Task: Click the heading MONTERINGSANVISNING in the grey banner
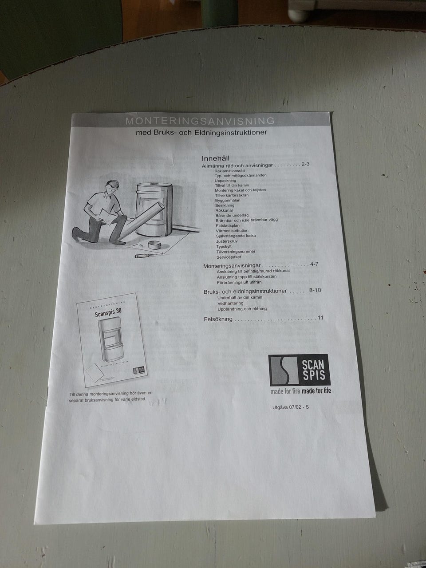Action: click(x=200, y=121)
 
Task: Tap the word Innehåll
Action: click(x=215, y=158)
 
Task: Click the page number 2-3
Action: click(x=305, y=164)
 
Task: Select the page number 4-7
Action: click(x=314, y=264)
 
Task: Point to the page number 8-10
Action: click(x=315, y=290)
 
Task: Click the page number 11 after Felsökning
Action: click(x=320, y=318)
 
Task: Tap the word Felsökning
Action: click(x=218, y=319)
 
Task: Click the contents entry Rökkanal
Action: click(x=224, y=210)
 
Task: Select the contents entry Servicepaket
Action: click(x=229, y=257)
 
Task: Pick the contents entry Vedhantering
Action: click(x=230, y=303)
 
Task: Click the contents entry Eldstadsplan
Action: click(x=227, y=225)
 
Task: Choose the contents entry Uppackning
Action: click(x=225, y=181)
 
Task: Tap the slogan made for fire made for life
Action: click(x=300, y=391)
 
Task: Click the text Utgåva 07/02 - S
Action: click(x=290, y=407)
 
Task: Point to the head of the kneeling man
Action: click(x=112, y=186)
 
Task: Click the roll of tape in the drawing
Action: click(x=154, y=245)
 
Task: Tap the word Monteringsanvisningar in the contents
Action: click(x=232, y=266)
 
